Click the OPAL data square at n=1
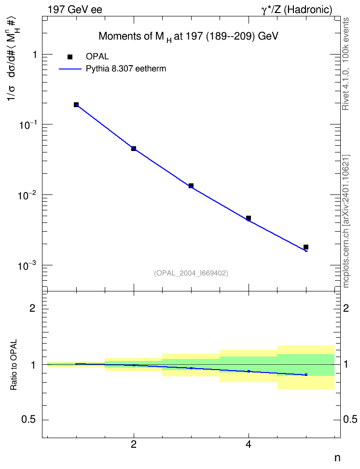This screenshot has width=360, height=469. [x=76, y=105]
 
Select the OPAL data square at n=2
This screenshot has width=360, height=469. [x=134, y=148]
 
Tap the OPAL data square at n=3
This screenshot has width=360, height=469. [x=191, y=186]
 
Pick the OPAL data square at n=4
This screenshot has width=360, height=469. [x=249, y=218]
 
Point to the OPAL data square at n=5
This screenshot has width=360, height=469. [x=306, y=247]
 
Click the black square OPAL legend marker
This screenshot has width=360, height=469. [x=70, y=57]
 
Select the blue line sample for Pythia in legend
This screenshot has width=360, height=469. [x=70, y=69]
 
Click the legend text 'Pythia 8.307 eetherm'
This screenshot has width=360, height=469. [x=125, y=69]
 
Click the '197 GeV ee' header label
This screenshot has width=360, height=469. [x=75, y=10]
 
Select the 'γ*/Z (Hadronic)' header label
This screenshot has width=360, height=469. [x=297, y=10]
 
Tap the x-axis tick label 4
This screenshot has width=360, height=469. [x=249, y=444]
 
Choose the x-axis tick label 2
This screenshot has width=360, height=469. [x=134, y=444]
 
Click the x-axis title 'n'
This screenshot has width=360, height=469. [x=337, y=458]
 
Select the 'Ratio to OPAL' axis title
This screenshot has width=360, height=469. [x=14, y=365]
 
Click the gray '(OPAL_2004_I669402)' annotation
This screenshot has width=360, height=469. [x=191, y=273]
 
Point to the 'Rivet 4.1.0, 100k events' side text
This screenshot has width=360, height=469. [x=346, y=64]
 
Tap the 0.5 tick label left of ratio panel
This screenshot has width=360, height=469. [x=28, y=420]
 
